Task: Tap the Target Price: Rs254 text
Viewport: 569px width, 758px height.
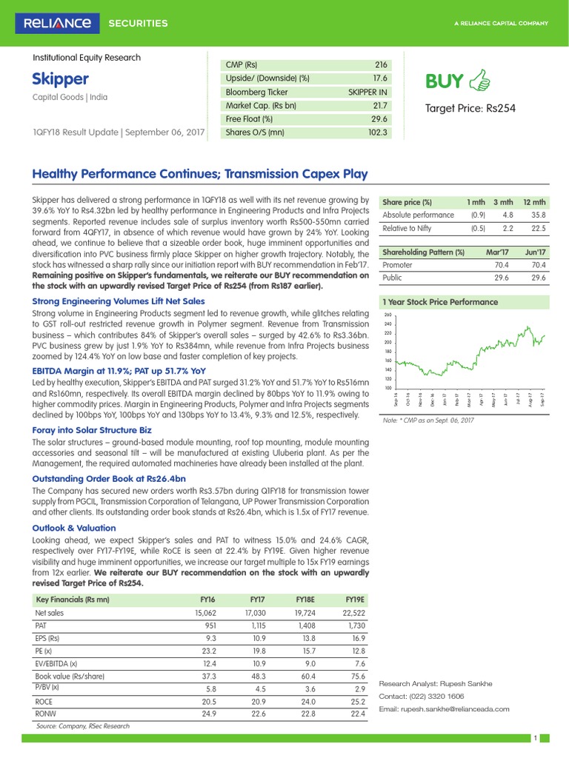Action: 470,109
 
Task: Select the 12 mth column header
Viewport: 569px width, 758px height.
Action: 534,202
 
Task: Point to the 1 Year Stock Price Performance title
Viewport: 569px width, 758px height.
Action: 439,302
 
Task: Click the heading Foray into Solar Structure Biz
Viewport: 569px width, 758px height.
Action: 92,429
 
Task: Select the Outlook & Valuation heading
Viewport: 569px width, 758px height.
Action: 74,528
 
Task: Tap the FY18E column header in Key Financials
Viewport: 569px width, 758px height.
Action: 305,600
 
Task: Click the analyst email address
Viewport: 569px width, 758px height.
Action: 444,709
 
